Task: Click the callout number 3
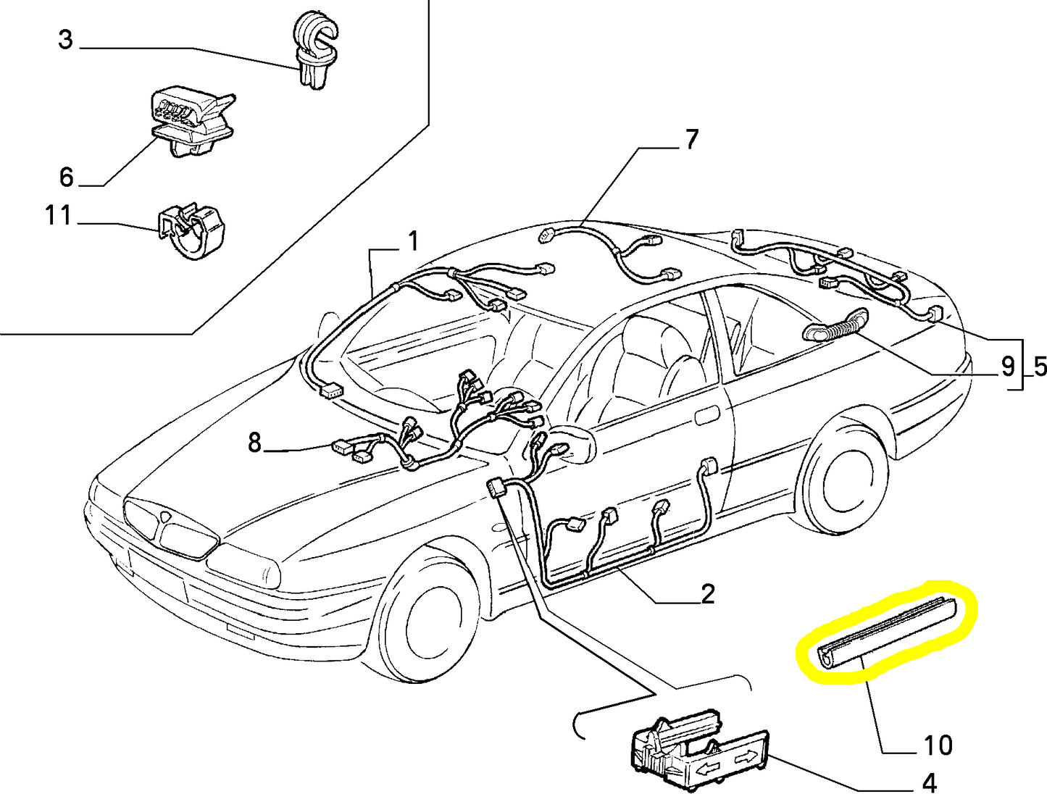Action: click(x=66, y=40)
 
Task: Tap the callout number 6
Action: click(x=67, y=177)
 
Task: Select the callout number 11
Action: click(x=58, y=216)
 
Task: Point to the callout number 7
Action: click(x=691, y=139)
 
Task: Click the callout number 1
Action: click(x=413, y=241)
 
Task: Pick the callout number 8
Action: click(x=255, y=443)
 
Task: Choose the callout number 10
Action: click(x=938, y=745)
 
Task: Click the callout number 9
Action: click(x=1007, y=367)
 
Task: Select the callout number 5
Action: click(x=1040, y=367)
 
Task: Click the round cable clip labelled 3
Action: click(x=315, y=50)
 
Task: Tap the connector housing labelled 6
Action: click(x=192, y=122)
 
